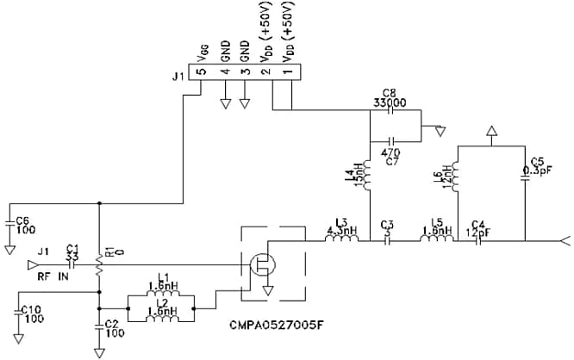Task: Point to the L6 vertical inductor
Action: [454, 178]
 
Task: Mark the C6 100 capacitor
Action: [11, 222]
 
